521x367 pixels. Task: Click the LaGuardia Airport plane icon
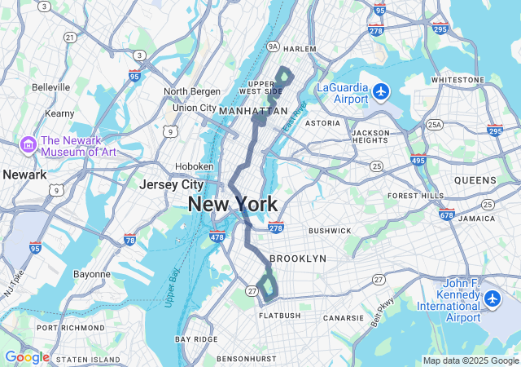pos(382,90)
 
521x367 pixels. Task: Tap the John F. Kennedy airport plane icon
pos(492,299)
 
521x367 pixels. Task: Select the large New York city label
pos(232,204)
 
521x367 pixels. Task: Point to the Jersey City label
pos(171,185)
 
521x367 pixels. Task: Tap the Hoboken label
pos(195,166)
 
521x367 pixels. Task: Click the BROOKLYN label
pos(297,259)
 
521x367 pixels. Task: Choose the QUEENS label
pos(475,180)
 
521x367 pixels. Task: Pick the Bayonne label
pos(91,274)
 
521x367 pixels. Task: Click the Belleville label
pos(51,87)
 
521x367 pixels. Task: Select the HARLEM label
pos(300,50)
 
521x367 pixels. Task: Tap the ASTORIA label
pos(322,123)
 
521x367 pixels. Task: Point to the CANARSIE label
pos(344,318)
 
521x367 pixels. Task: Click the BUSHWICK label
pos(330,231)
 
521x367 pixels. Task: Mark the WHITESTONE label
pos(458,80)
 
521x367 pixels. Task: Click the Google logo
pos(27,357)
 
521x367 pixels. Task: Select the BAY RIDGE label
pos(196,338)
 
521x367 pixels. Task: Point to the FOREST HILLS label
pos(415,196)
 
